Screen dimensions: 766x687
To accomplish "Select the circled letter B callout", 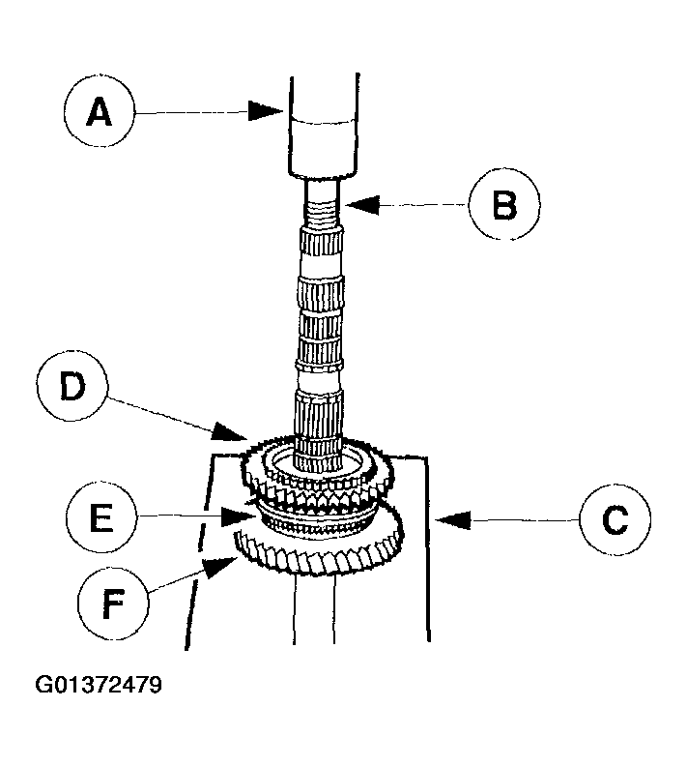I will pos(504,204).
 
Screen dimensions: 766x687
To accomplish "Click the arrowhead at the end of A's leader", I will pos(270,112).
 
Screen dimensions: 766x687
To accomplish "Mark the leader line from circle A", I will pos(193,113).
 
